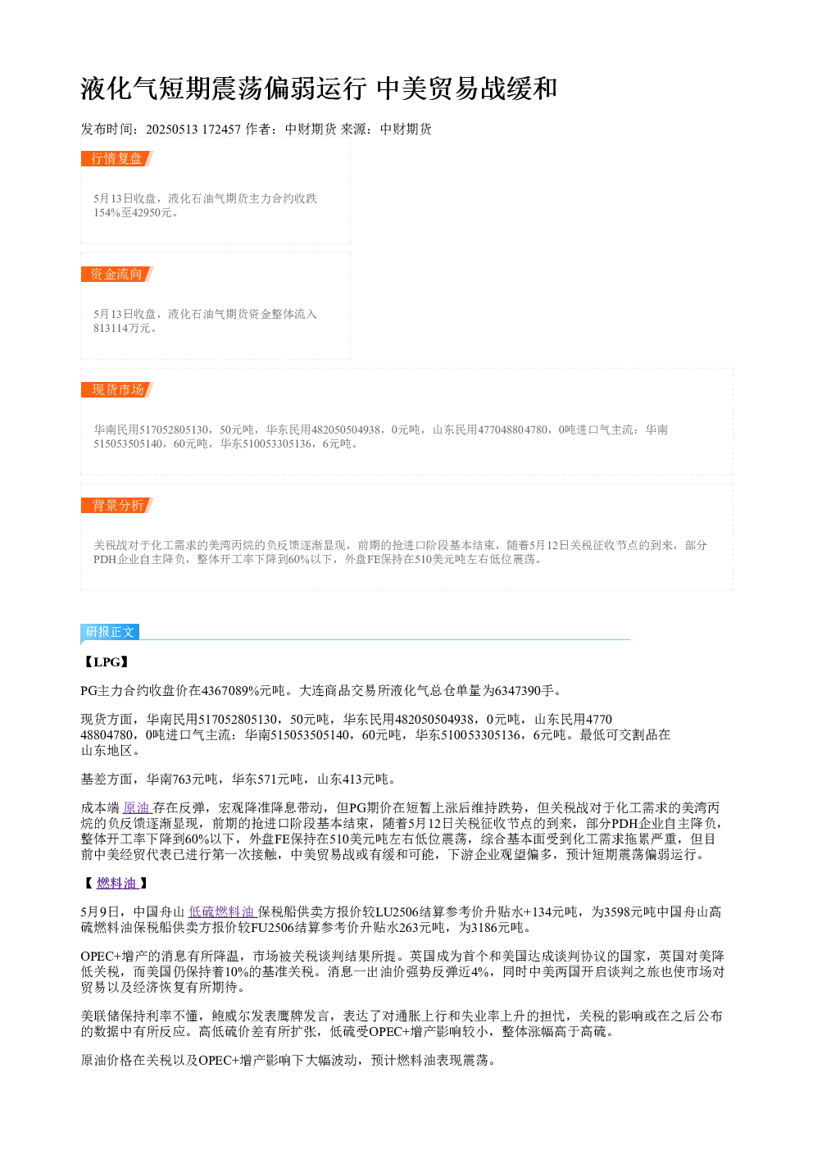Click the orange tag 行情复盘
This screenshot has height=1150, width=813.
(117, 159)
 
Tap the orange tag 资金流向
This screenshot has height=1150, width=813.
(117, 274)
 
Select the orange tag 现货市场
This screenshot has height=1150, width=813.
(117, 389)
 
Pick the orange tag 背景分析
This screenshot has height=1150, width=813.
(117, 505)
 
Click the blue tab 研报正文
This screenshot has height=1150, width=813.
(110, 631)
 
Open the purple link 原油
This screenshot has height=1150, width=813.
(137, 807)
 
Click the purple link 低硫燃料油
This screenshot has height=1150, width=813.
(222, 911)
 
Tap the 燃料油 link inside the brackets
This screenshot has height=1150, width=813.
(117, 883)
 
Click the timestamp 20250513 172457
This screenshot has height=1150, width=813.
(193, 130)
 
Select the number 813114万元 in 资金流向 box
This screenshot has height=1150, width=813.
(123, 328)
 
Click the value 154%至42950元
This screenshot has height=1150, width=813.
(134, 212)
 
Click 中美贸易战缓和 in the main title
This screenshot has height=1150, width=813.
(467, 88)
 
